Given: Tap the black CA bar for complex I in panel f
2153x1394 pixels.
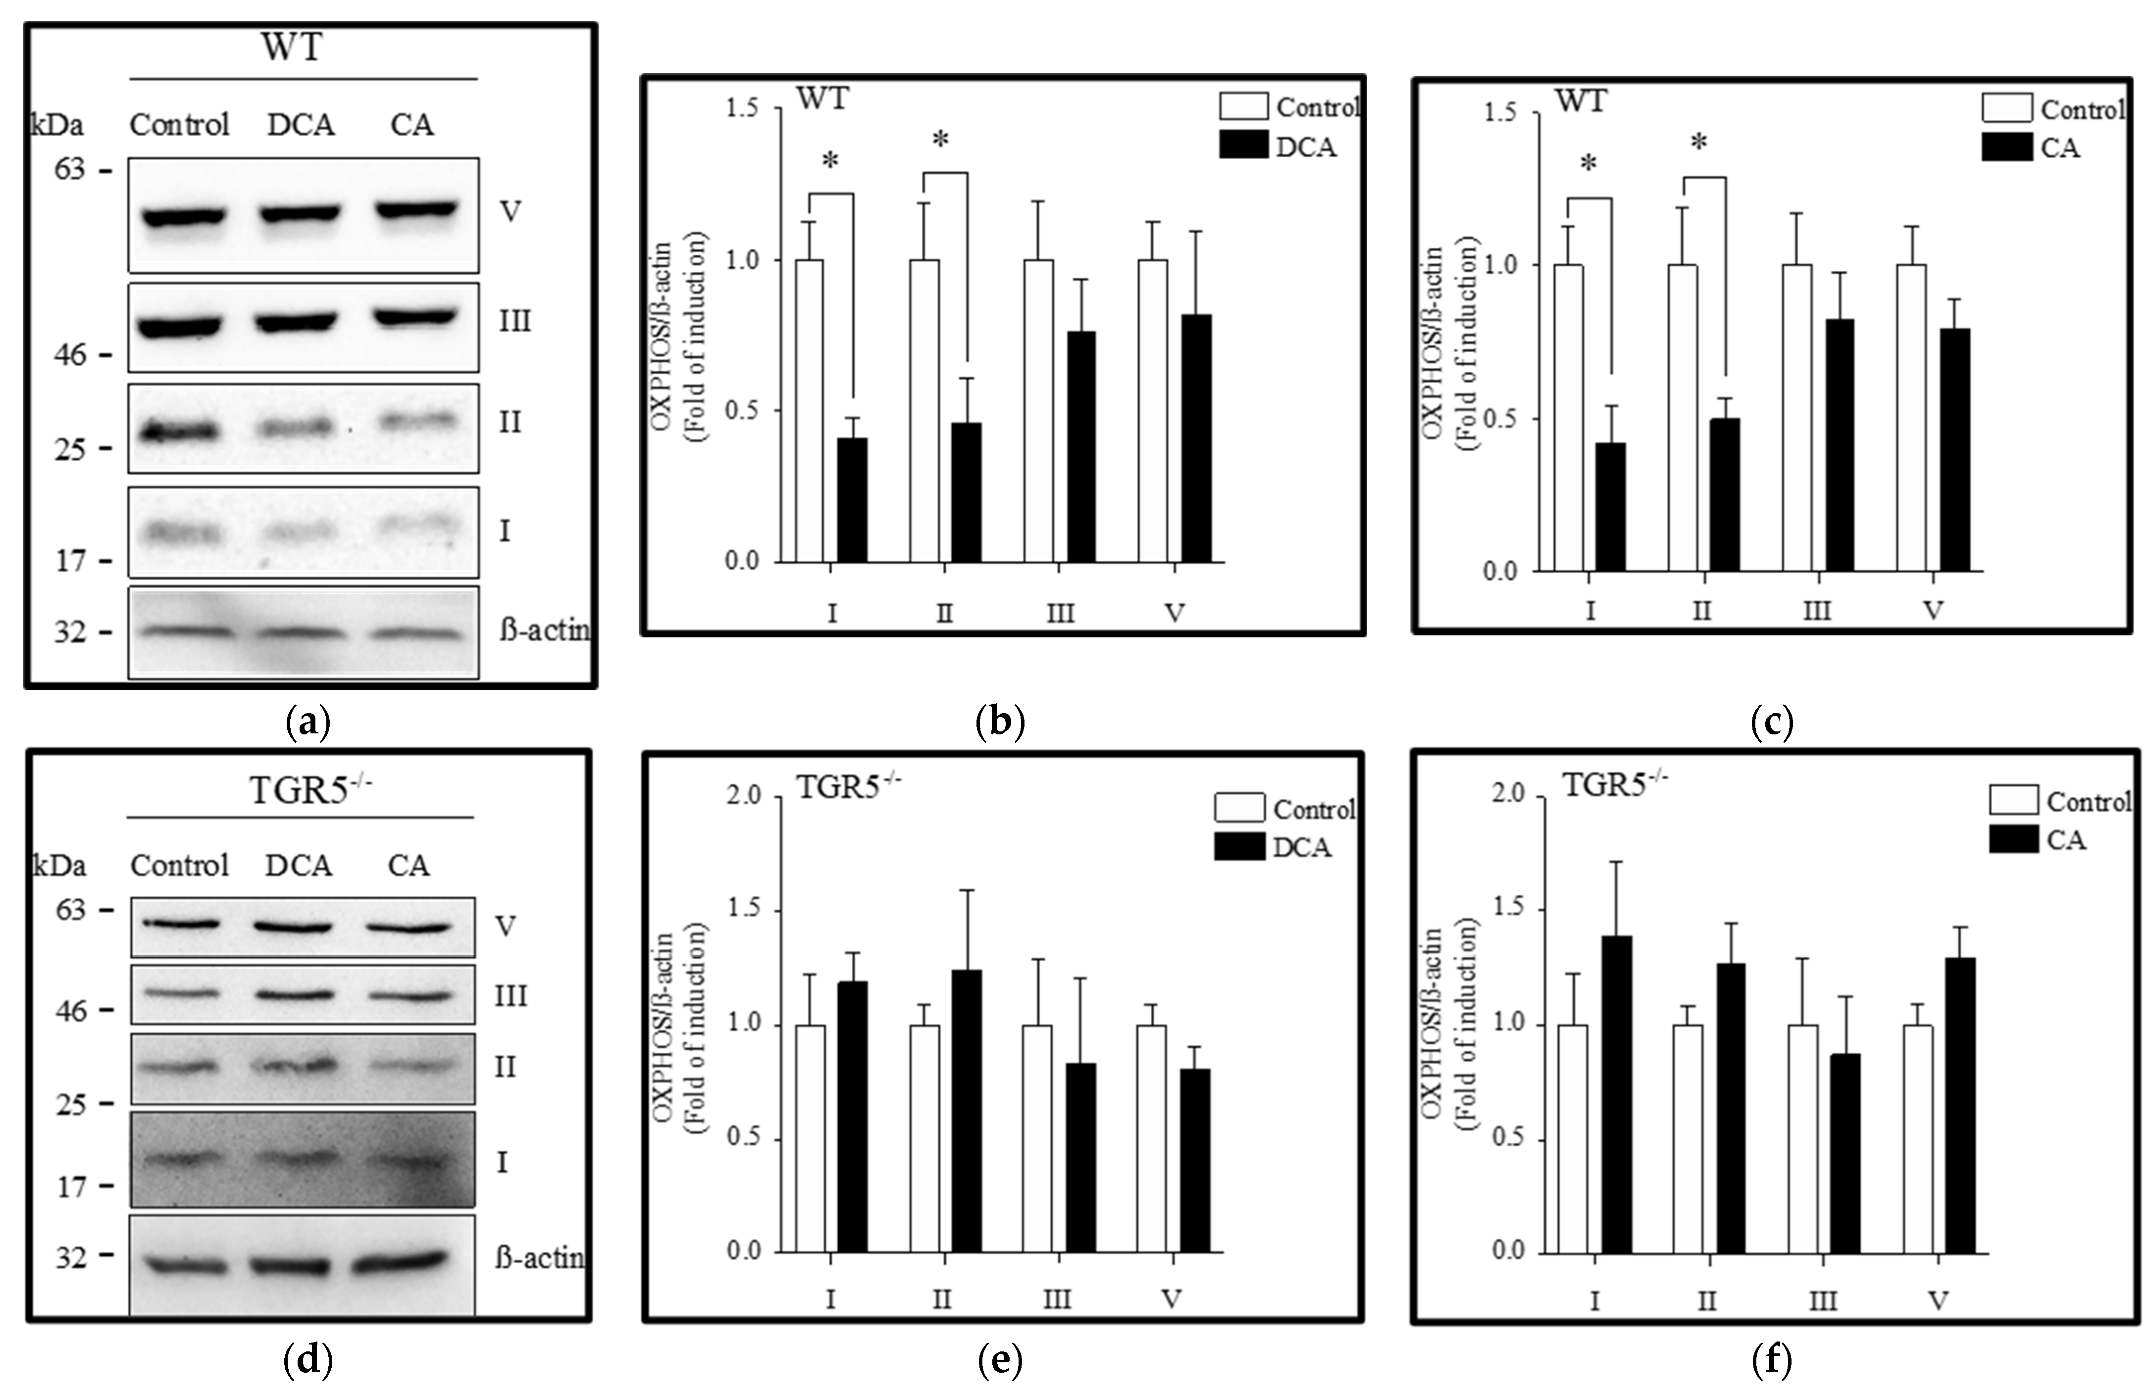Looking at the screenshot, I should pos(1616,1094).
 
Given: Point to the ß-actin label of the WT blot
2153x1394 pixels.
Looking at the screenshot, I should pos(543,630).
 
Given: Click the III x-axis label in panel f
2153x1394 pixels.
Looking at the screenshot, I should pos(1822,1301).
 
